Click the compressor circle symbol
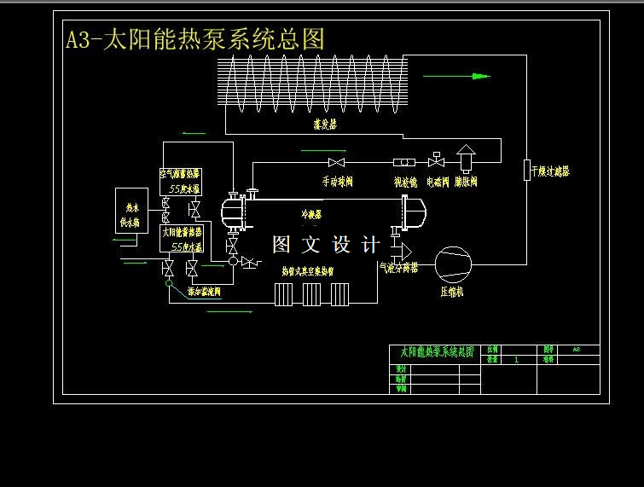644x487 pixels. coord(453,264)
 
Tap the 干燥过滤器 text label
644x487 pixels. coord(550,171)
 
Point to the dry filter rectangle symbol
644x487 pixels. coord(527,169)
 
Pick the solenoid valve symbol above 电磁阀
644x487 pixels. coord(437,160)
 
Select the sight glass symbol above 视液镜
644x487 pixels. coord(404,162)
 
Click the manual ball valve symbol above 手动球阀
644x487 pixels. coord(337,162)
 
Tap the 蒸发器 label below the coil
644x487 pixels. coord(325,124)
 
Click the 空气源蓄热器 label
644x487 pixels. coord(180,174)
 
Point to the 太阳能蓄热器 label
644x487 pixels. coord(181,231)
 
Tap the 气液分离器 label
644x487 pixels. coord(399,267)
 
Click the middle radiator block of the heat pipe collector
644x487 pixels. coord(312,295)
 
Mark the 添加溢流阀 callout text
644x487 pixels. coord(204,291)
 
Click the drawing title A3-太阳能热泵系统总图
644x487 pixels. coord(195,39)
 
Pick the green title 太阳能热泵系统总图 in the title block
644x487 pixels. coord(432,351)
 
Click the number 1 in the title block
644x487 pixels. coord(516,360)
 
